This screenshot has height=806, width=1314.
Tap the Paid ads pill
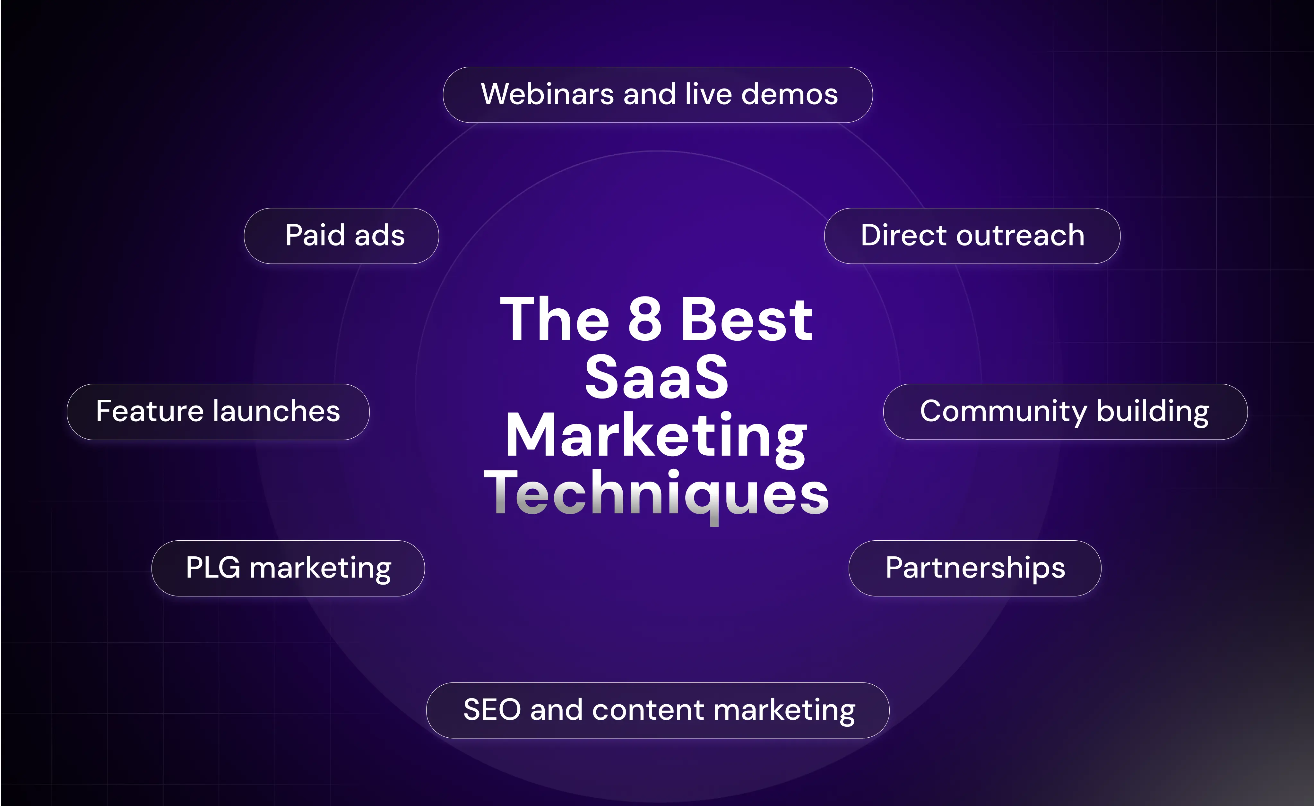[x=341, y=236]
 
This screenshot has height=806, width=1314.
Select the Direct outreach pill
[x=972, y=236]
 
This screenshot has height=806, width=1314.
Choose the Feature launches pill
[x=218, y=412]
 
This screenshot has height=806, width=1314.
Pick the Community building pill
[x=1065, y=412]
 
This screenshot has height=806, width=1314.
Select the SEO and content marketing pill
[x=658, y=710]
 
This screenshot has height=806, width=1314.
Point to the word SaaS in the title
[x=656, y=377]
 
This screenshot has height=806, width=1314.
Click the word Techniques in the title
[x=656, y=494]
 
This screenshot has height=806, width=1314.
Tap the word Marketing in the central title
[x=656, y=437]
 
